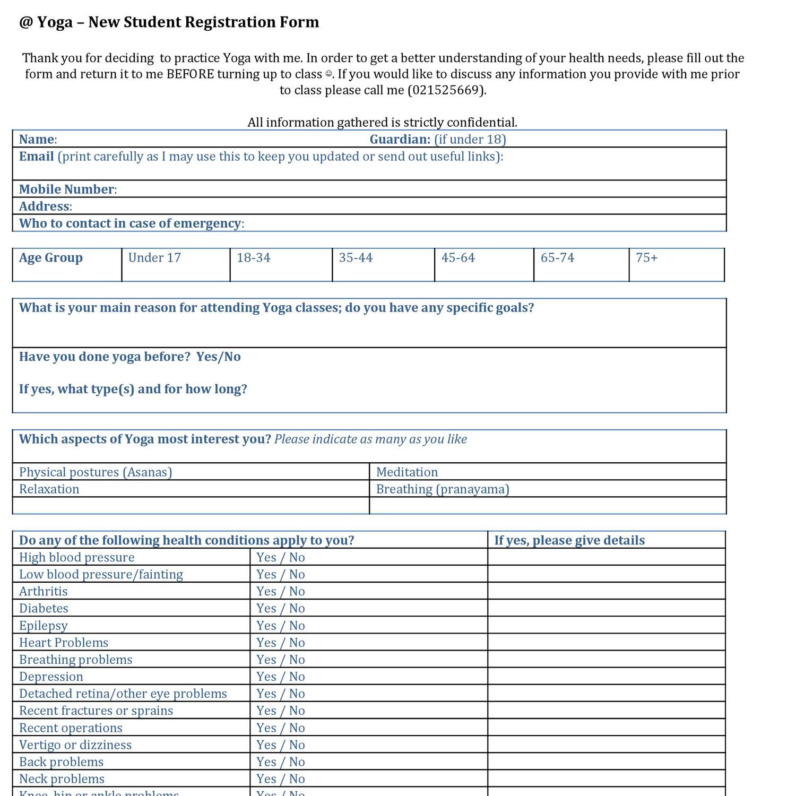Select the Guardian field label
400,140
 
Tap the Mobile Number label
67,189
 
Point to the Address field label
45,206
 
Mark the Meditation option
407,472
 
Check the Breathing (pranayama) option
443,489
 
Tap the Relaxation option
49,489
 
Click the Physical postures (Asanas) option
96,472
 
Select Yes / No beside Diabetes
281,609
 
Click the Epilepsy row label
44,626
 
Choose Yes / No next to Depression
281,677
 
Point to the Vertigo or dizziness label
75,745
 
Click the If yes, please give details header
569,540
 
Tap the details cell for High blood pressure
606,557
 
